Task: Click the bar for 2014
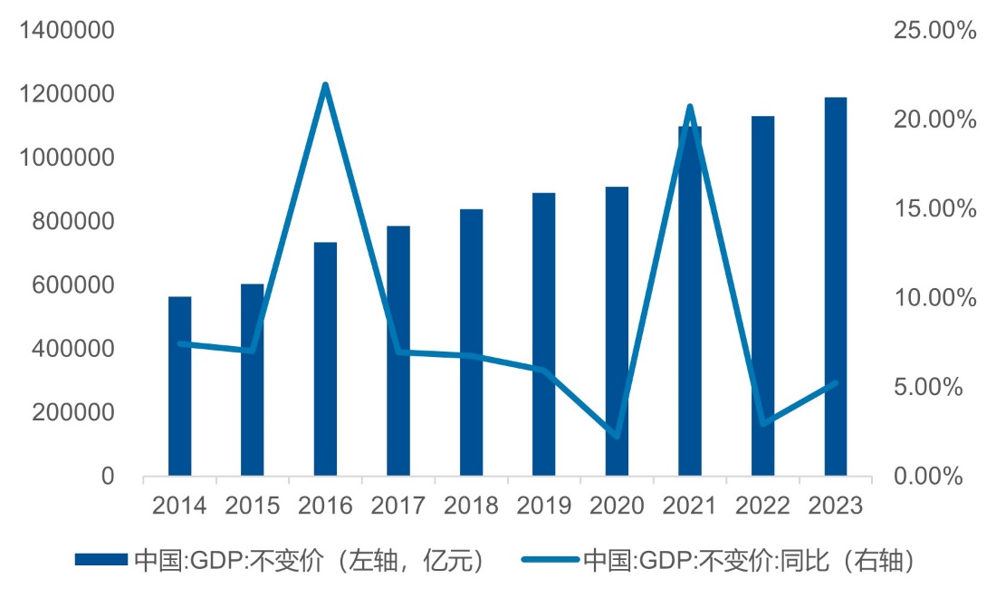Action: tap(179, 386)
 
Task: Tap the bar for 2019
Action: tap(543, 334)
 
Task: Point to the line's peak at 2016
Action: tap(325, 85)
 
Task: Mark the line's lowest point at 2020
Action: tap(617, 437)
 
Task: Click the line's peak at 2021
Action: tap(690, 107)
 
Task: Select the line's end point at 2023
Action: tap(835, 383)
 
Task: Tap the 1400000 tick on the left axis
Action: tap(68, 31)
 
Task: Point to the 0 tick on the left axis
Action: tap(108, 477)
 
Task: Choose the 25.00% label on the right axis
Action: tap(935, 31)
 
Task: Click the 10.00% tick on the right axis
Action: tap(935, 298)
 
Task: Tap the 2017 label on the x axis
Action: tap(398, 505)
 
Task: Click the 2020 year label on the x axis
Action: tap(617, 505)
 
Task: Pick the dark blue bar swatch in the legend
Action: tap(101, 560)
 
